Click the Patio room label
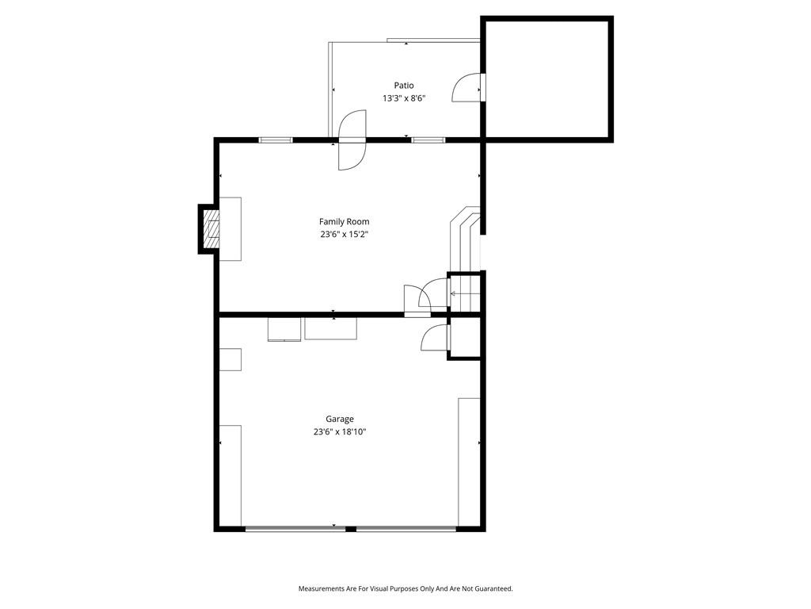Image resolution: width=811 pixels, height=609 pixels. click(x=403, y=86)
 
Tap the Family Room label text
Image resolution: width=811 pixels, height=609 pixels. click(x=344, y=222)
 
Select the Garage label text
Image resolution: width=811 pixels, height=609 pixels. click(x=340, y=419)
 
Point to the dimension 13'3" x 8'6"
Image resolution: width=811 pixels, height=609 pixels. click(x=403, y=98)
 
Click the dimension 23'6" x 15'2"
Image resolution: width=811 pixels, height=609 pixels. click(x=344, y=235)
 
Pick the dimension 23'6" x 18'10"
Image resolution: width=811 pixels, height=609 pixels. click(x=340, y=432)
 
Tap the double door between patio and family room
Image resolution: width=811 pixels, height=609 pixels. click(x=352, y=140)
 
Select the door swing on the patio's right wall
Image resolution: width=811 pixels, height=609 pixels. click(x=468, y=88)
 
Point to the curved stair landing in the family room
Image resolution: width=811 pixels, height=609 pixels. click(x=465, y=238)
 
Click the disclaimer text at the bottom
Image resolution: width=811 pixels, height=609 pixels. click(x=405, y=589)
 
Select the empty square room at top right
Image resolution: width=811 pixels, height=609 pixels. click(x=547, y=79)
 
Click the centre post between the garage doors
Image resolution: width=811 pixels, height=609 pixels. click(x=351, y=529)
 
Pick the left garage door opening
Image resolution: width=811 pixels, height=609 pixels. click(x=295, y=529)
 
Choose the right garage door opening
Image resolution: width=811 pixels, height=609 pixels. click(x=406, y=529)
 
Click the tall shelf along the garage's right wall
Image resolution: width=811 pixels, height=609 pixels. click(x=469, y=462)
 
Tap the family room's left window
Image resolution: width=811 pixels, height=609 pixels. click(x=276, y=140)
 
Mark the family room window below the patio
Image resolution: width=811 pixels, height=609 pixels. click(x=428, y=140)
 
